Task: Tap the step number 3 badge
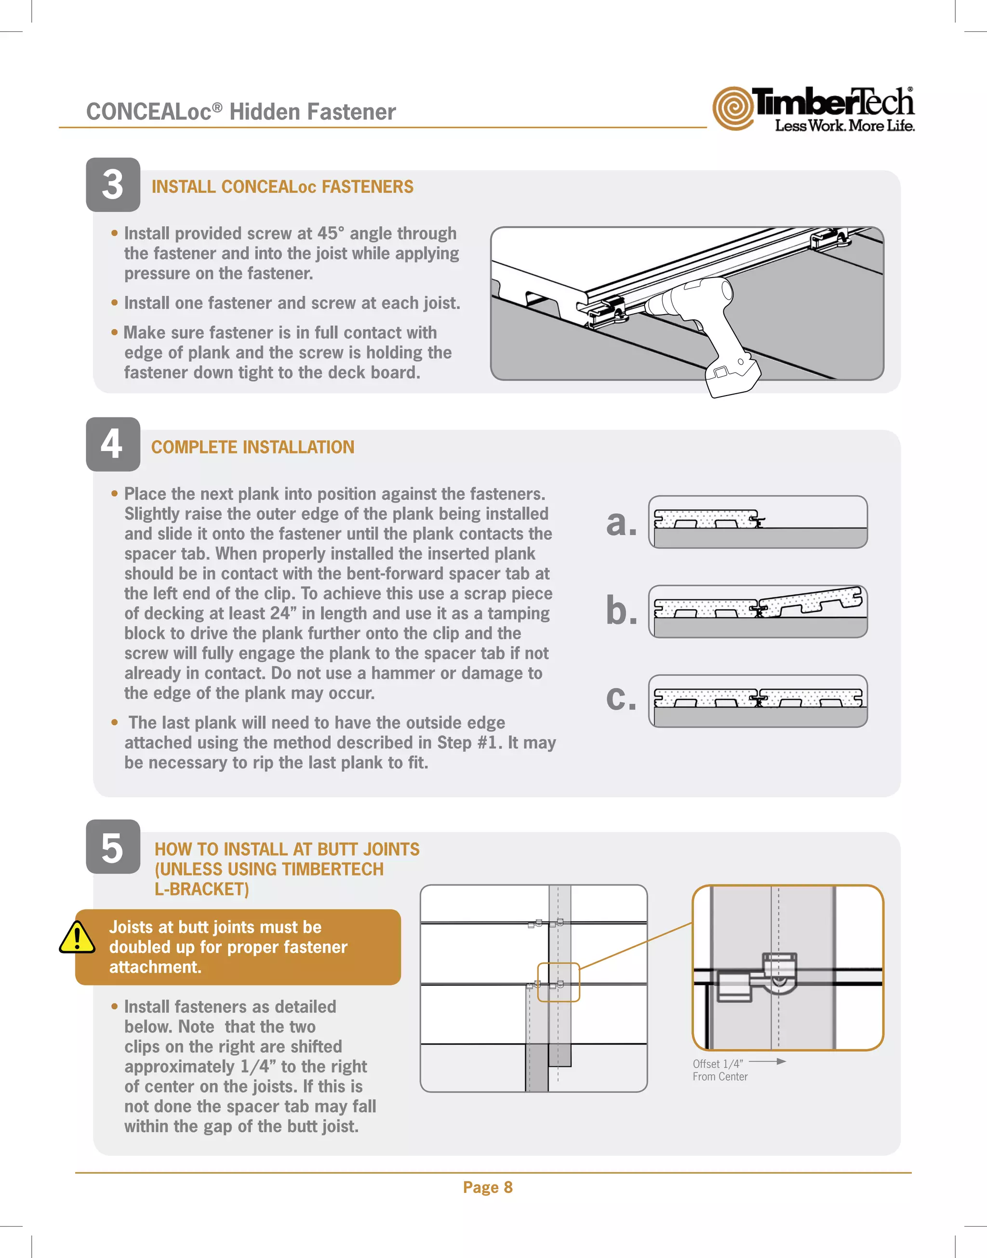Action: pos(113,185)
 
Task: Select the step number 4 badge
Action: pos(113,444)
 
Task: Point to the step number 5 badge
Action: pos(113,847)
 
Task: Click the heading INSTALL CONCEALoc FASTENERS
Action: pos(282,186)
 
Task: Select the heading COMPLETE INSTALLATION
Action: pos(253,447)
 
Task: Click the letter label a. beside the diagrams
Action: pos(621,523)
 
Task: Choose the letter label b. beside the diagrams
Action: pos(621,611)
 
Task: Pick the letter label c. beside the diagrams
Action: pos(621,698)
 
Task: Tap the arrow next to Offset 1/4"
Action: pos(767,1061)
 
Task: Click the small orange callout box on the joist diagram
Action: pos(558,982)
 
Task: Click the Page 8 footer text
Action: pos(488,1187)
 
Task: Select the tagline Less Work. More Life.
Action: pos(844,125)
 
